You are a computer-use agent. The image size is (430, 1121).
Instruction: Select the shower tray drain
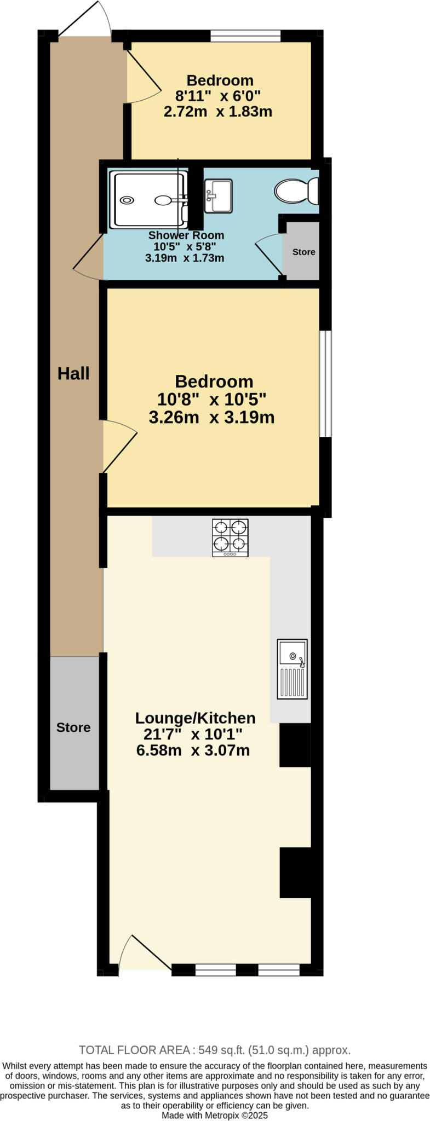(127, 200)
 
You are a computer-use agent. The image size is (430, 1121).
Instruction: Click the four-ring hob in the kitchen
(230, 537)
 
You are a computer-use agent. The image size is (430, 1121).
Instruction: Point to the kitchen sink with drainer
(292, 669)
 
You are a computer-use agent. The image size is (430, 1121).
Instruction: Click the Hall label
(73, 374)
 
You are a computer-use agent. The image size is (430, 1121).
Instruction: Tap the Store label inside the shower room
(303, 252)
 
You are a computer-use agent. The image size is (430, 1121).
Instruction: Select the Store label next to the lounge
(73, 727)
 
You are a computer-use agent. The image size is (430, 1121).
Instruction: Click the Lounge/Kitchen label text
(195, 718)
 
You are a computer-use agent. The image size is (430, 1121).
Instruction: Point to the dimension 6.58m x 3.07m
(193, 750)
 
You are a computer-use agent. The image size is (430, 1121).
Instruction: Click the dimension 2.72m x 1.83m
(217, 112)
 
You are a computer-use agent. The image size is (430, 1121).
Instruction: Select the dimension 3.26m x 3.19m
(211, 417)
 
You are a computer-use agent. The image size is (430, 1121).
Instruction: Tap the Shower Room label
(186, 235)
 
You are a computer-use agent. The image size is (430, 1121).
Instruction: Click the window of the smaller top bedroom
(245, 36)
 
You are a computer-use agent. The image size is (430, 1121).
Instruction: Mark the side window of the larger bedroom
(325, 383)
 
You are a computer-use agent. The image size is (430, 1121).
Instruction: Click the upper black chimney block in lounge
(295, 744)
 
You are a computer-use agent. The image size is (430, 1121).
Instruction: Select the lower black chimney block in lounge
(295, 872)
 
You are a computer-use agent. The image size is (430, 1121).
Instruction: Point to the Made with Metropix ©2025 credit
(215, 1115)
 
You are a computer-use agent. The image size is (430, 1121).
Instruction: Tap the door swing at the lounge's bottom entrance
(142, 952)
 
